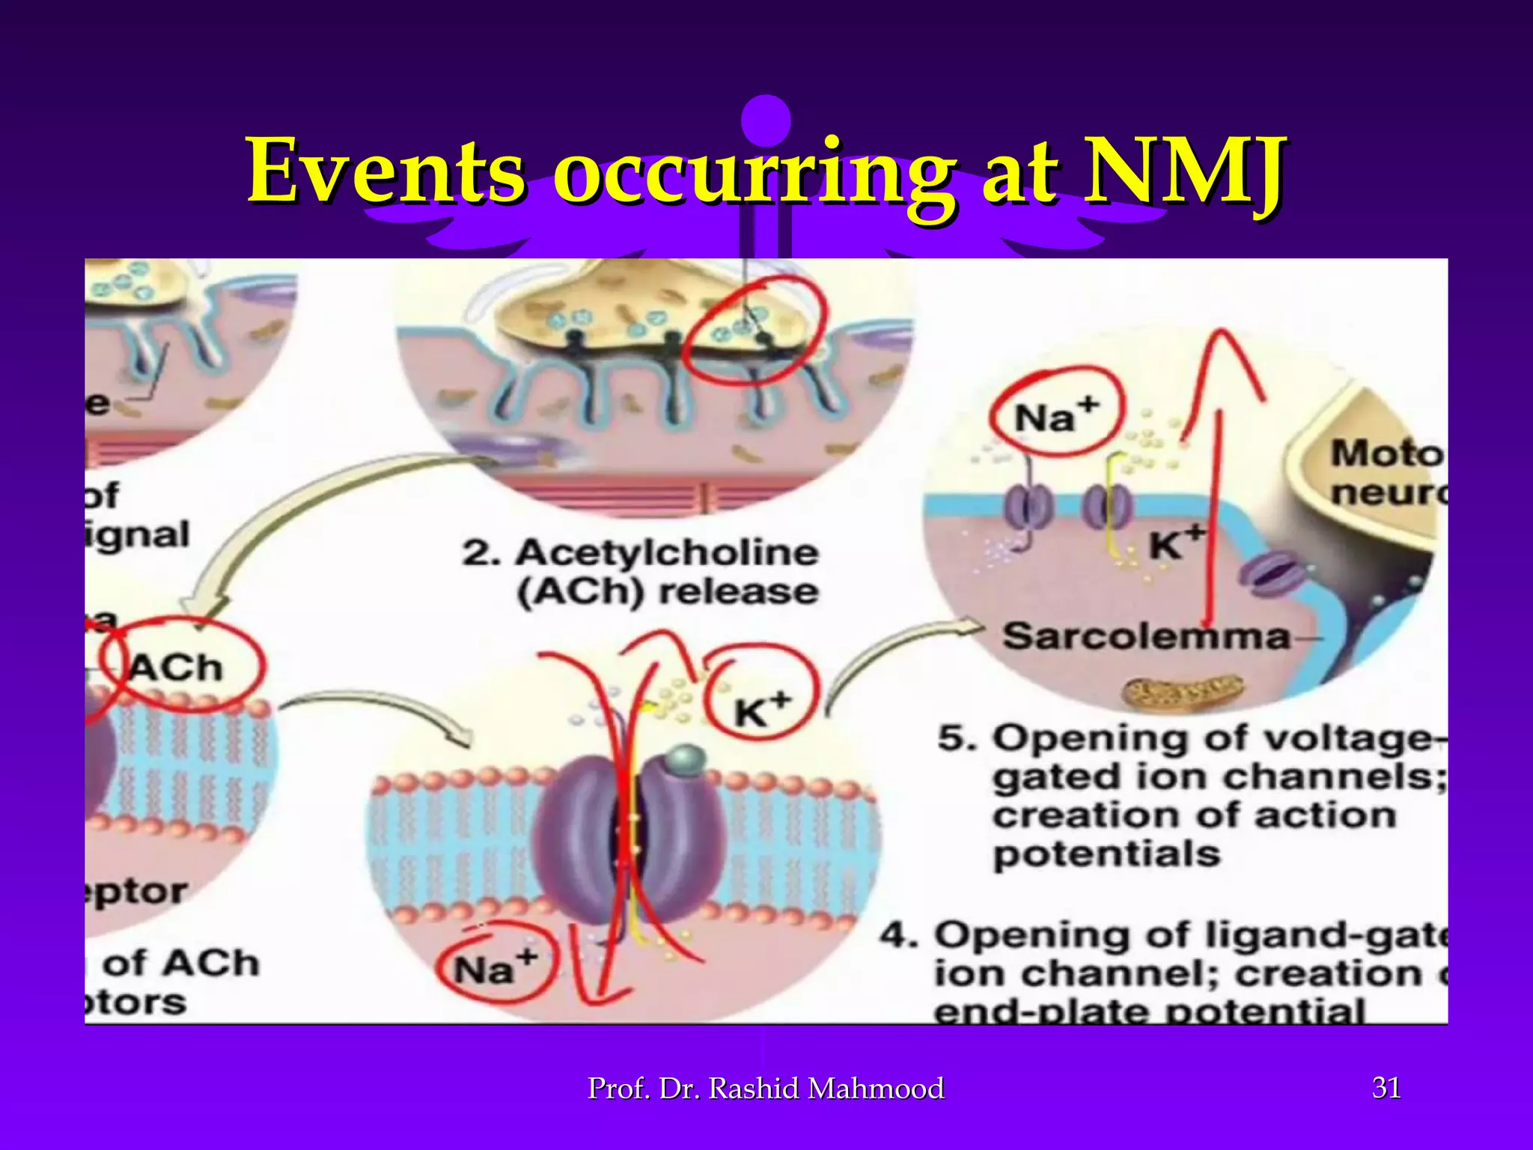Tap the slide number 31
pyautogui.click(x=1386, y=1088)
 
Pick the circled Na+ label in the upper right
pyautogui.click(x=1055, y=416)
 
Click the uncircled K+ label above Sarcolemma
pyautogui.click(x=1175, y=544)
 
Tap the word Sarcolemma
pyautogui.click(x=1145, y=637)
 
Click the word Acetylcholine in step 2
pyautogui.click(x=666, y=553)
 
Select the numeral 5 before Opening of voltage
pyautogui.click(x=957, y=738)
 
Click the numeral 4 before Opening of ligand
pyautogui.click(x=898, y=935)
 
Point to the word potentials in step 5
pyautogui.click(x=1106, y=854)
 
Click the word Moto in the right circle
pyautogui.click(x=1385, y=454)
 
